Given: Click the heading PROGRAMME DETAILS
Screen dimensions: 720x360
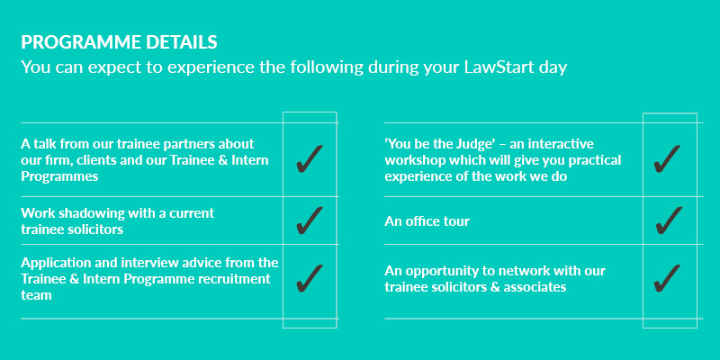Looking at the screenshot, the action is [119, 42].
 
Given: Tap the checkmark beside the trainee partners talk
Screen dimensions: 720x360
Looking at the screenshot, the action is [310, 159].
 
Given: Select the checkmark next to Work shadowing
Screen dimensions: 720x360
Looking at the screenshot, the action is [310, 220].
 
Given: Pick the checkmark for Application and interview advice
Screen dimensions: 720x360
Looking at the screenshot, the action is [310, 278].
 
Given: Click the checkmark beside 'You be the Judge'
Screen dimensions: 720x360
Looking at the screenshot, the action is [667, 159].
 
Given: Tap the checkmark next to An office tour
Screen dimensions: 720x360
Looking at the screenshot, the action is [669, 220].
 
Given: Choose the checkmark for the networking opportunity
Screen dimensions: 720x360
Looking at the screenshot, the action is [667, 278].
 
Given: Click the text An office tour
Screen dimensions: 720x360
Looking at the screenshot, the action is [427, 221].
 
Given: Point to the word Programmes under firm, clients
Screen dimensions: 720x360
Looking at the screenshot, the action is [59, 177].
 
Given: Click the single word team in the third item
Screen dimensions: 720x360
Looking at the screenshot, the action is [36, 295].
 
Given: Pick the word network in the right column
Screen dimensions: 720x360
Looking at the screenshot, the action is [521, 271].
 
